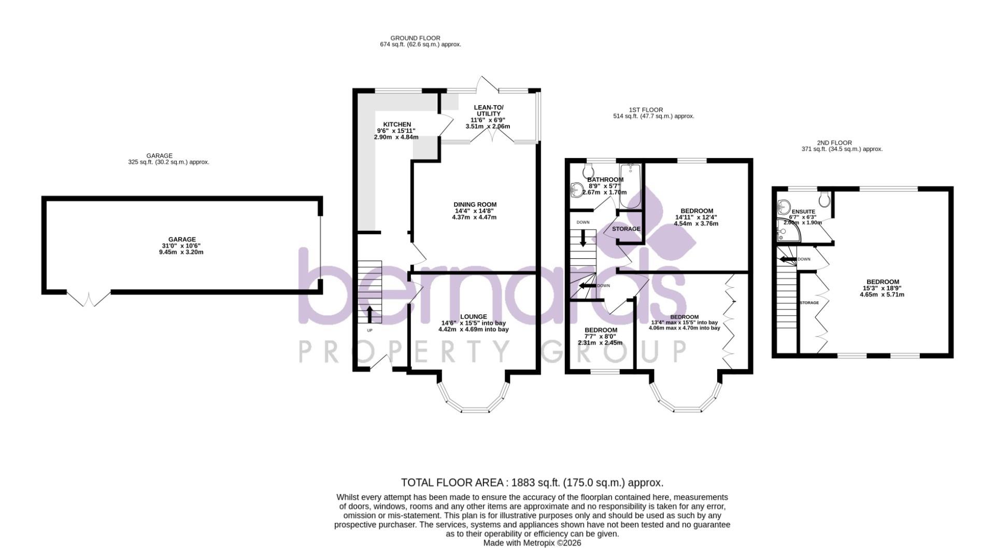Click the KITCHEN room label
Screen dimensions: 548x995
click(x=396, y=124)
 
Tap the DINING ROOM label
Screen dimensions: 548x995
click(x=475, y=205)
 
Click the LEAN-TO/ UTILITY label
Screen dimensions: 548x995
click(x=488, y=110)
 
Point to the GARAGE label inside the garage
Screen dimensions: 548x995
click(x=182, y=240)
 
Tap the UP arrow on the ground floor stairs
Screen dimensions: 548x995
click(x=369, y=314)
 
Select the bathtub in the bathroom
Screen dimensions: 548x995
click(x=631, y=186)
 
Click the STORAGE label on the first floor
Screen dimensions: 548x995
click(x=626, y=229)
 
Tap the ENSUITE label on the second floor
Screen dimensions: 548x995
click(x=803, y=212)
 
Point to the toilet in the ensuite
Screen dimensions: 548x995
click(x=825, y=199)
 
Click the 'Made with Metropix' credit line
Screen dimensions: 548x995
click(x=532, y=543)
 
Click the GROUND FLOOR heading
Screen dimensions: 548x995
click(x=415, y=38)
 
